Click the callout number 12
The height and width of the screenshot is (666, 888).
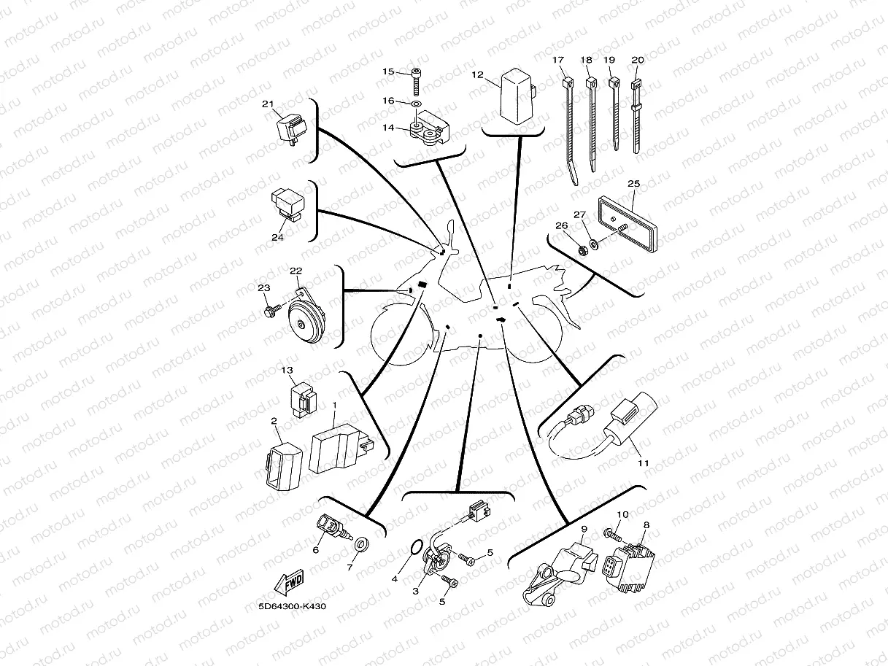[477, 74]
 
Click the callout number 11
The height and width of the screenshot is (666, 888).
[642, 462]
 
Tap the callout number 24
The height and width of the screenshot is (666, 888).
[277, 238]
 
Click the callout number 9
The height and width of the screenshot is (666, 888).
[584, 528]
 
